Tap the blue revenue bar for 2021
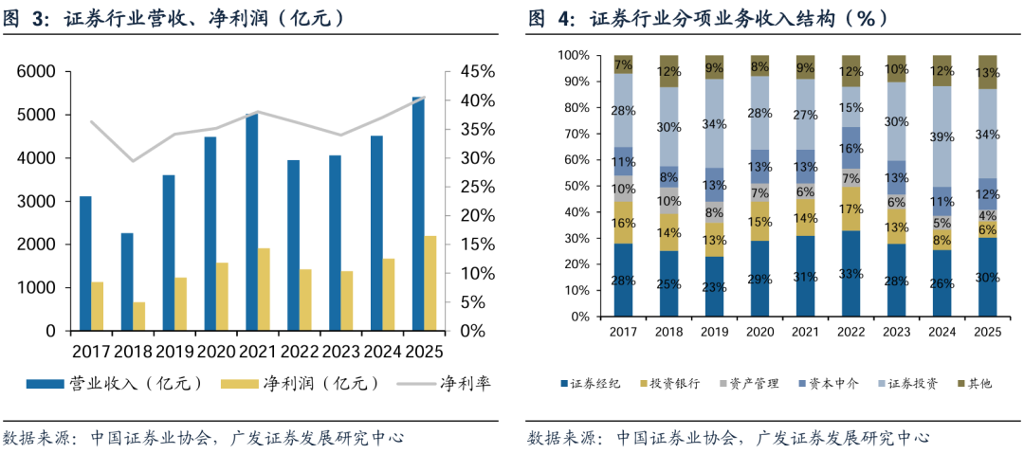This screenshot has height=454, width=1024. click(x=251, y=223)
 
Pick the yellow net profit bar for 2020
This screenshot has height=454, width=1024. click(x=222, y=297)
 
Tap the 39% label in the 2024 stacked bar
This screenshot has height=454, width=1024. click(x=942, y=137)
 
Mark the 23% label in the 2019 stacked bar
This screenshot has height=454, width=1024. click(x=714, y=286)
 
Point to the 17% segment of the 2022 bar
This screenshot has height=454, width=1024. click(x=850, y=209)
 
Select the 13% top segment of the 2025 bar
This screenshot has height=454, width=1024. click(x=987, y=72)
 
